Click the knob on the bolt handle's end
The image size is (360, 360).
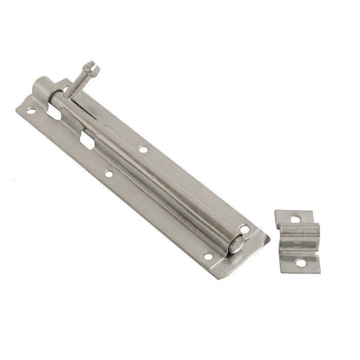pos(93,67)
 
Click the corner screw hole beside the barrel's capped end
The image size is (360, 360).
pos(31,111)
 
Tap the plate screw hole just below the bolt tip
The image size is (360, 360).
pos(207,256)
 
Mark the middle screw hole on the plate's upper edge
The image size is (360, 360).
pos(143,150)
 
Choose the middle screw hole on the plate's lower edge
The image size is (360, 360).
pos(109,174)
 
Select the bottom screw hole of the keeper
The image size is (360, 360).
pos(299,263)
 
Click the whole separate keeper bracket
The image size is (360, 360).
pos(298,241)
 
